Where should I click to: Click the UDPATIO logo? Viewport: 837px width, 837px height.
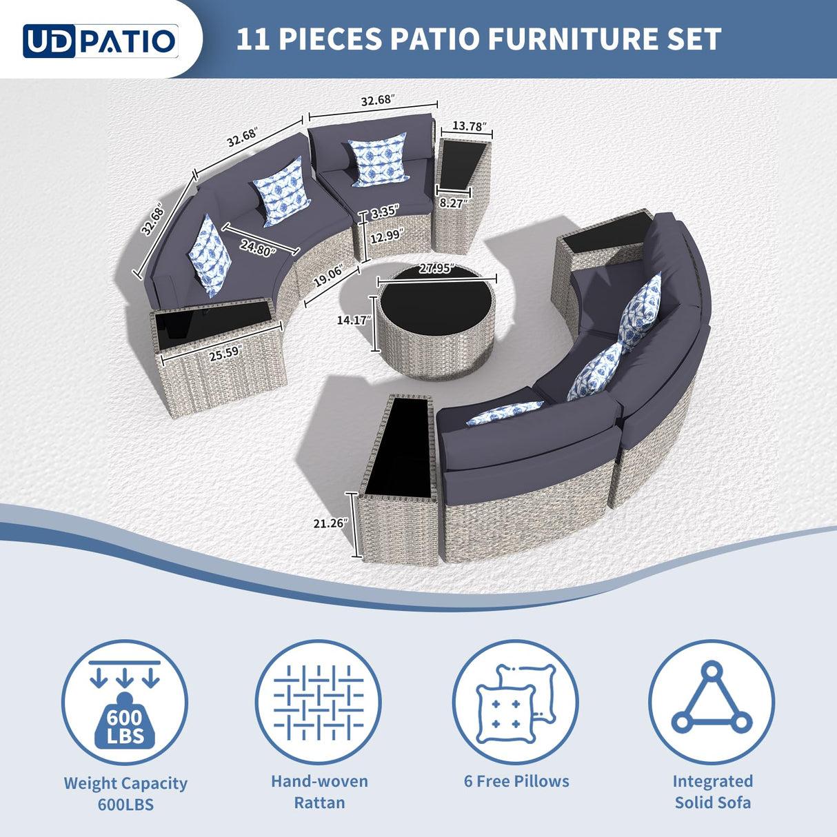click(101, 41)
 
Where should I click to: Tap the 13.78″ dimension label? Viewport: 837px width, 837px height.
click(469, 127)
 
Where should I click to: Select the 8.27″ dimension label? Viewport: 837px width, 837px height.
click(453, 203)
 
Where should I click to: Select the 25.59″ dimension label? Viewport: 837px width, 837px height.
click(224, 352)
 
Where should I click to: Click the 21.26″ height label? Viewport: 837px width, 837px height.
click(330, 523)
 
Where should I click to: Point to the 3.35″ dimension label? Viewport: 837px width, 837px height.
click(383, 213)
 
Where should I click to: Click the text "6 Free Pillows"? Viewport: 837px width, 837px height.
click(516, 781)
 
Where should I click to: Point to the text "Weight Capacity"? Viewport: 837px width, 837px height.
click(125, 783)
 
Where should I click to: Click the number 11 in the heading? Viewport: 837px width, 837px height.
click(252, 39)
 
